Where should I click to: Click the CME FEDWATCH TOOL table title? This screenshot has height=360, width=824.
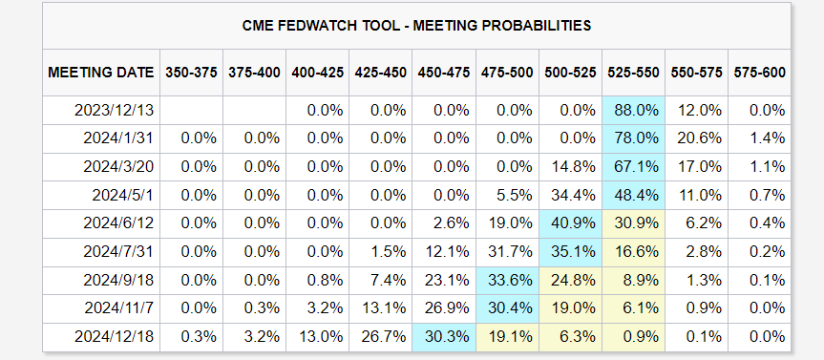pos(416,25)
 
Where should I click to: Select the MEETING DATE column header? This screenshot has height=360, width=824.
pos(101,73)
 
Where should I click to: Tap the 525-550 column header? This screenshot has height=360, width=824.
pos(633,73)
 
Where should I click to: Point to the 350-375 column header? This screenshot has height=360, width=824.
pos(191,73)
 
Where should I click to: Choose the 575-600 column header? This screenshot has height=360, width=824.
pos(759,73)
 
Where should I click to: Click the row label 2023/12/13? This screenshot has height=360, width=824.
pos(114,111)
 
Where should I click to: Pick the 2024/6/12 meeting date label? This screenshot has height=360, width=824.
pos(118,223)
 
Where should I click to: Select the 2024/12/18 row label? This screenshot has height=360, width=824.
pos(114,336)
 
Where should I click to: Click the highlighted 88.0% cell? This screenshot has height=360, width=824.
pos(633,111)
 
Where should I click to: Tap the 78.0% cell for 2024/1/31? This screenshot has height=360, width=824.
pos(633,138)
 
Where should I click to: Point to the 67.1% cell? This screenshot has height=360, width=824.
pos(633,167)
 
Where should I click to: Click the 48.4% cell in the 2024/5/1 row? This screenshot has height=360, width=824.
pos(633,196)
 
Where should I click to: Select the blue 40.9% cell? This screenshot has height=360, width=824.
pos(570,223)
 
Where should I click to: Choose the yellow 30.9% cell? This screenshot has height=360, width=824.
pos(633,223)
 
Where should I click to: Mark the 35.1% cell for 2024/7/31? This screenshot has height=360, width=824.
pos(570,252)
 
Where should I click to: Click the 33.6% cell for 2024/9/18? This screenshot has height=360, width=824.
pos(507,280)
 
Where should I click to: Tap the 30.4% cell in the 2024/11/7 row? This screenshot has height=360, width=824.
pos(507,308)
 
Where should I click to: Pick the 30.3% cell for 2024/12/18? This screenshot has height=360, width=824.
pos(444,336)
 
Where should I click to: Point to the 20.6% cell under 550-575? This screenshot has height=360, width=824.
pos(696,138)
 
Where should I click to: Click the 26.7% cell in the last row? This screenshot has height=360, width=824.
pos(381,336)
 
